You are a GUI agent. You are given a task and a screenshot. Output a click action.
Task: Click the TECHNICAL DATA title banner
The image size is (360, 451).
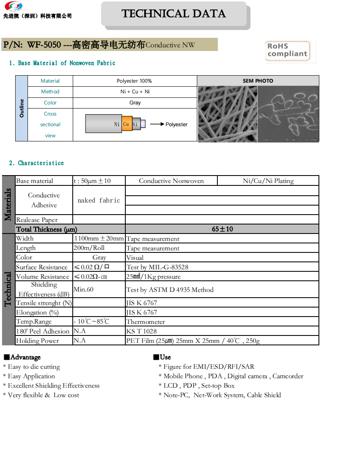[x=173, y=14]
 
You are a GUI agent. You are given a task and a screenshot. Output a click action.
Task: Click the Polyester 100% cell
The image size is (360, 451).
[x=134, y=81]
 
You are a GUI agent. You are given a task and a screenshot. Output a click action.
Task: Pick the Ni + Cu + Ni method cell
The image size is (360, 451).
[x=135, y=92]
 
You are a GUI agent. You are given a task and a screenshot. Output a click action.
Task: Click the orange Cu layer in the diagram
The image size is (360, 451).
[x=127, y=124]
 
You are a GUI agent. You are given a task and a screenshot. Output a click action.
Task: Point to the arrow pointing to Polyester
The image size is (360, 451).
[x=157, y=124]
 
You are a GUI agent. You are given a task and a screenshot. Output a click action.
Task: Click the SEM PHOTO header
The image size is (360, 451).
[x=258, y=81]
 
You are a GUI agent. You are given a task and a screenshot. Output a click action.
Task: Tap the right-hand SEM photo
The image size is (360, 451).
[x=288, y=114]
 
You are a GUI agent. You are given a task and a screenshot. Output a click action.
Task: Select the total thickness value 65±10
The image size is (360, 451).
[x=222, y=229]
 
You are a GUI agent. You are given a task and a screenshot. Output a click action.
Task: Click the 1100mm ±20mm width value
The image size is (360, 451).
[x=99, y=238]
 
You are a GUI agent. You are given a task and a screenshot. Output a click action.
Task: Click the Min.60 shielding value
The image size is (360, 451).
[x=83, y=289]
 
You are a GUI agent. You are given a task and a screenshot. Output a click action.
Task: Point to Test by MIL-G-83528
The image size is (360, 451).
[x=157, y=267]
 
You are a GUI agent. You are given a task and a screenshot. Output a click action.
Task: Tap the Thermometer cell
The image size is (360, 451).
[x=145, y=322]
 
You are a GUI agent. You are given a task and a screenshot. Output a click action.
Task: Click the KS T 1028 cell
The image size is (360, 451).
[x=141, y=331]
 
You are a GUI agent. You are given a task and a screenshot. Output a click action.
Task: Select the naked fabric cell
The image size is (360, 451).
[x=99, y=200]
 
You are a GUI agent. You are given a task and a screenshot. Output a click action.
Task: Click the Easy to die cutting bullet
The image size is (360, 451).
[x=34, y=367]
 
